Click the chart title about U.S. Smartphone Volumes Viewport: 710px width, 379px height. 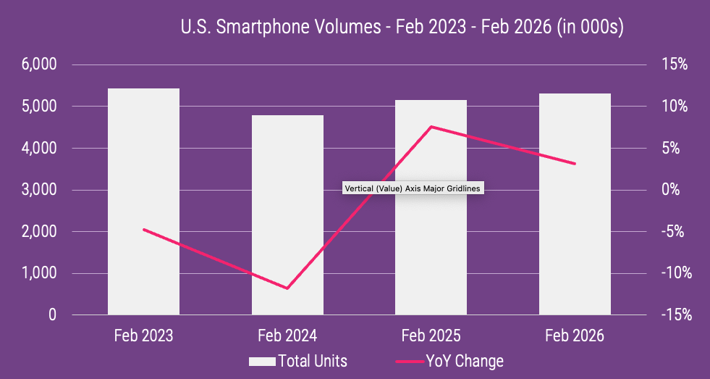coord(402,28)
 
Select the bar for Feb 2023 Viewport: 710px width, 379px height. coord(143,203)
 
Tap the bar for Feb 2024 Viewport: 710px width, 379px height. coord(287,217)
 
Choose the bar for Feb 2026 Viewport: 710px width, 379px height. coord(575,207)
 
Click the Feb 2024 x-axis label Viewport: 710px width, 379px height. coord(287,336)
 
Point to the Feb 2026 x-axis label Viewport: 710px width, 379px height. coord(575,336)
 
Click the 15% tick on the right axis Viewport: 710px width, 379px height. coord(674,64)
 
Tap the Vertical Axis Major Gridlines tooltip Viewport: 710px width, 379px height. coord(412,188)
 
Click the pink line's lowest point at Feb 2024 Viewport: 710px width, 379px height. coord(287,288)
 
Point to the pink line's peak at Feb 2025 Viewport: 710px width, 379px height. coord(431,127)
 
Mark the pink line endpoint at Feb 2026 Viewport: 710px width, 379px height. coord(575,164)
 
